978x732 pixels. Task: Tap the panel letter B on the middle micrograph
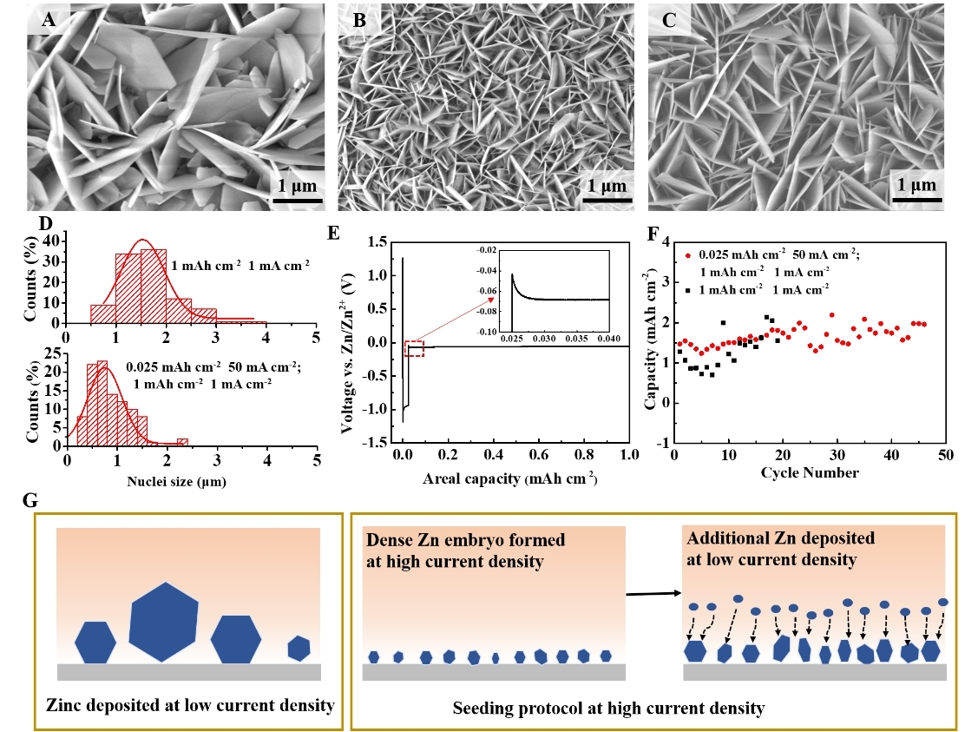[x=359, y=21]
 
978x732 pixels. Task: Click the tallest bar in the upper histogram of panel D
[x=153, y=286]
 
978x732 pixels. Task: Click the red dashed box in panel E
[x=414, y=348]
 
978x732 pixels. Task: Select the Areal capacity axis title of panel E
[x=513, y=478]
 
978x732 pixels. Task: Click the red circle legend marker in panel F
[x=688, y=254]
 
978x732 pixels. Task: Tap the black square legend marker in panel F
[x=688, y=286]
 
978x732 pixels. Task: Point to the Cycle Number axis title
[x=810, y=472]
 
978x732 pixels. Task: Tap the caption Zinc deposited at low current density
[x=190, y=704]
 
